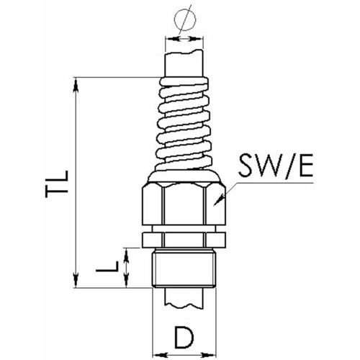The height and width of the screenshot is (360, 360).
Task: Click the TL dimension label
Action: [57, 184]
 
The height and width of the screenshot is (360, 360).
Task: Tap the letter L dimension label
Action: [107, 266]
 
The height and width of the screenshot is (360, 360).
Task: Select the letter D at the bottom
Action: [184, 337]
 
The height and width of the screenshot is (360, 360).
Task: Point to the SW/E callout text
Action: [275, 166]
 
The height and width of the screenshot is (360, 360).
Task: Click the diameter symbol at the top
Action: [185, 19]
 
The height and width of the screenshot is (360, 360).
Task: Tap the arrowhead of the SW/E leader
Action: [218, 201]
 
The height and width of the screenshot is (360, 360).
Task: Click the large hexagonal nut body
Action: [184, 204]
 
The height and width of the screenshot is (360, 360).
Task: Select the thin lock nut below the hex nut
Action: [184, 240]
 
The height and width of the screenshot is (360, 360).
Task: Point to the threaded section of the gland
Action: [184, 268]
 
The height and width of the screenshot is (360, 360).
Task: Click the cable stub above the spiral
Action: [184, 63]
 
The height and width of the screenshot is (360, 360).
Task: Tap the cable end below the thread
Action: [184, 297]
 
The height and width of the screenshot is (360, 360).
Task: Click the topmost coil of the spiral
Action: [184, 81]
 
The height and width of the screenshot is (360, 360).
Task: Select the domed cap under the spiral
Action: [184, 176]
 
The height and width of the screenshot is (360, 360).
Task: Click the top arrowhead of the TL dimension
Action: [76, 84]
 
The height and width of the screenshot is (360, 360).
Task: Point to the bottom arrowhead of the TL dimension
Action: [76, 280]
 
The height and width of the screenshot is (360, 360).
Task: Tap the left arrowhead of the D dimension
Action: [159, 354]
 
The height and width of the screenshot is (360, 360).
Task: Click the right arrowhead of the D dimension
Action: [209, 354]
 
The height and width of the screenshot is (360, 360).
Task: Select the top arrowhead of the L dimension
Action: [127, 255]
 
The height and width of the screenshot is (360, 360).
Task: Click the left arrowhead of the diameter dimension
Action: [172, 38]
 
